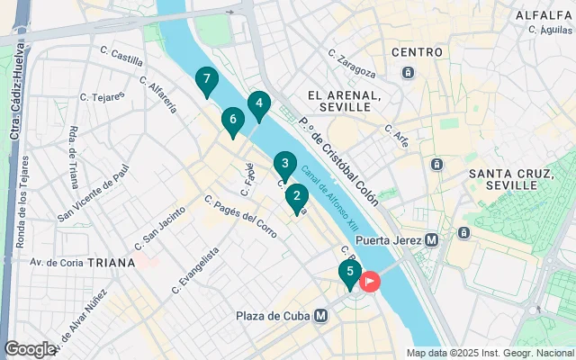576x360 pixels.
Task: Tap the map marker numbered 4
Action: click(259, 104)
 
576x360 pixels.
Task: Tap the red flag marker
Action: click(370, 282)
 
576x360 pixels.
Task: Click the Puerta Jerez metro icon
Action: click(431, 240)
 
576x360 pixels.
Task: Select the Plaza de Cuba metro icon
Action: click(321, 315)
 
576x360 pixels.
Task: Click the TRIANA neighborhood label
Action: click(109, 263)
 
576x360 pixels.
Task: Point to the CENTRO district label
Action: click(418, 53)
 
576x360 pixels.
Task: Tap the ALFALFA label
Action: click(544, 15)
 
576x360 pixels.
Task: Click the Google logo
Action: click(29, 348)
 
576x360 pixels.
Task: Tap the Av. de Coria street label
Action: click(57, 263)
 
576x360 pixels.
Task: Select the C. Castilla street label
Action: click(121, 57)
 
